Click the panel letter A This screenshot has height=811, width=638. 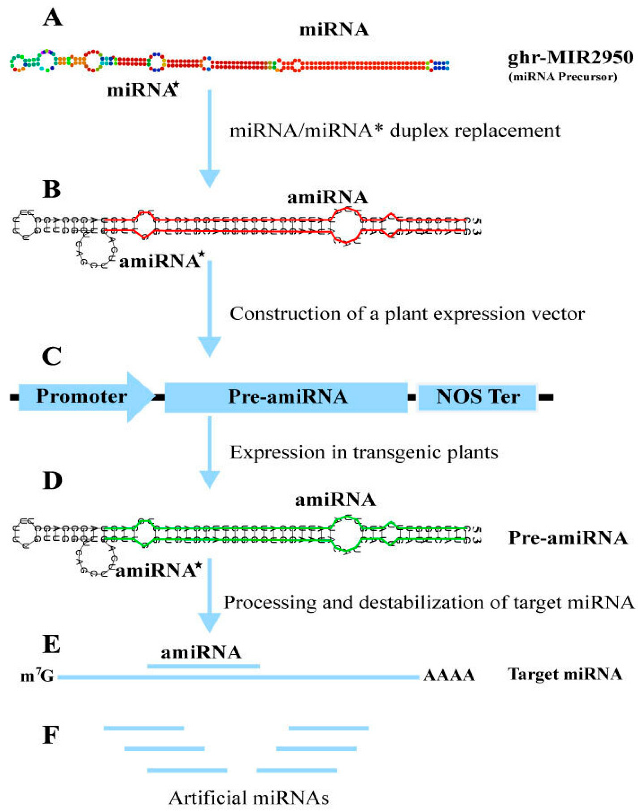tap(52, 18)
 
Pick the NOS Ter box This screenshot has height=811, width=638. tap(477, 397)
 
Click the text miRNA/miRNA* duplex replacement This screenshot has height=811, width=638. tap(395, 131)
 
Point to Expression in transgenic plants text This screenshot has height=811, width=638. tap(363, 453)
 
